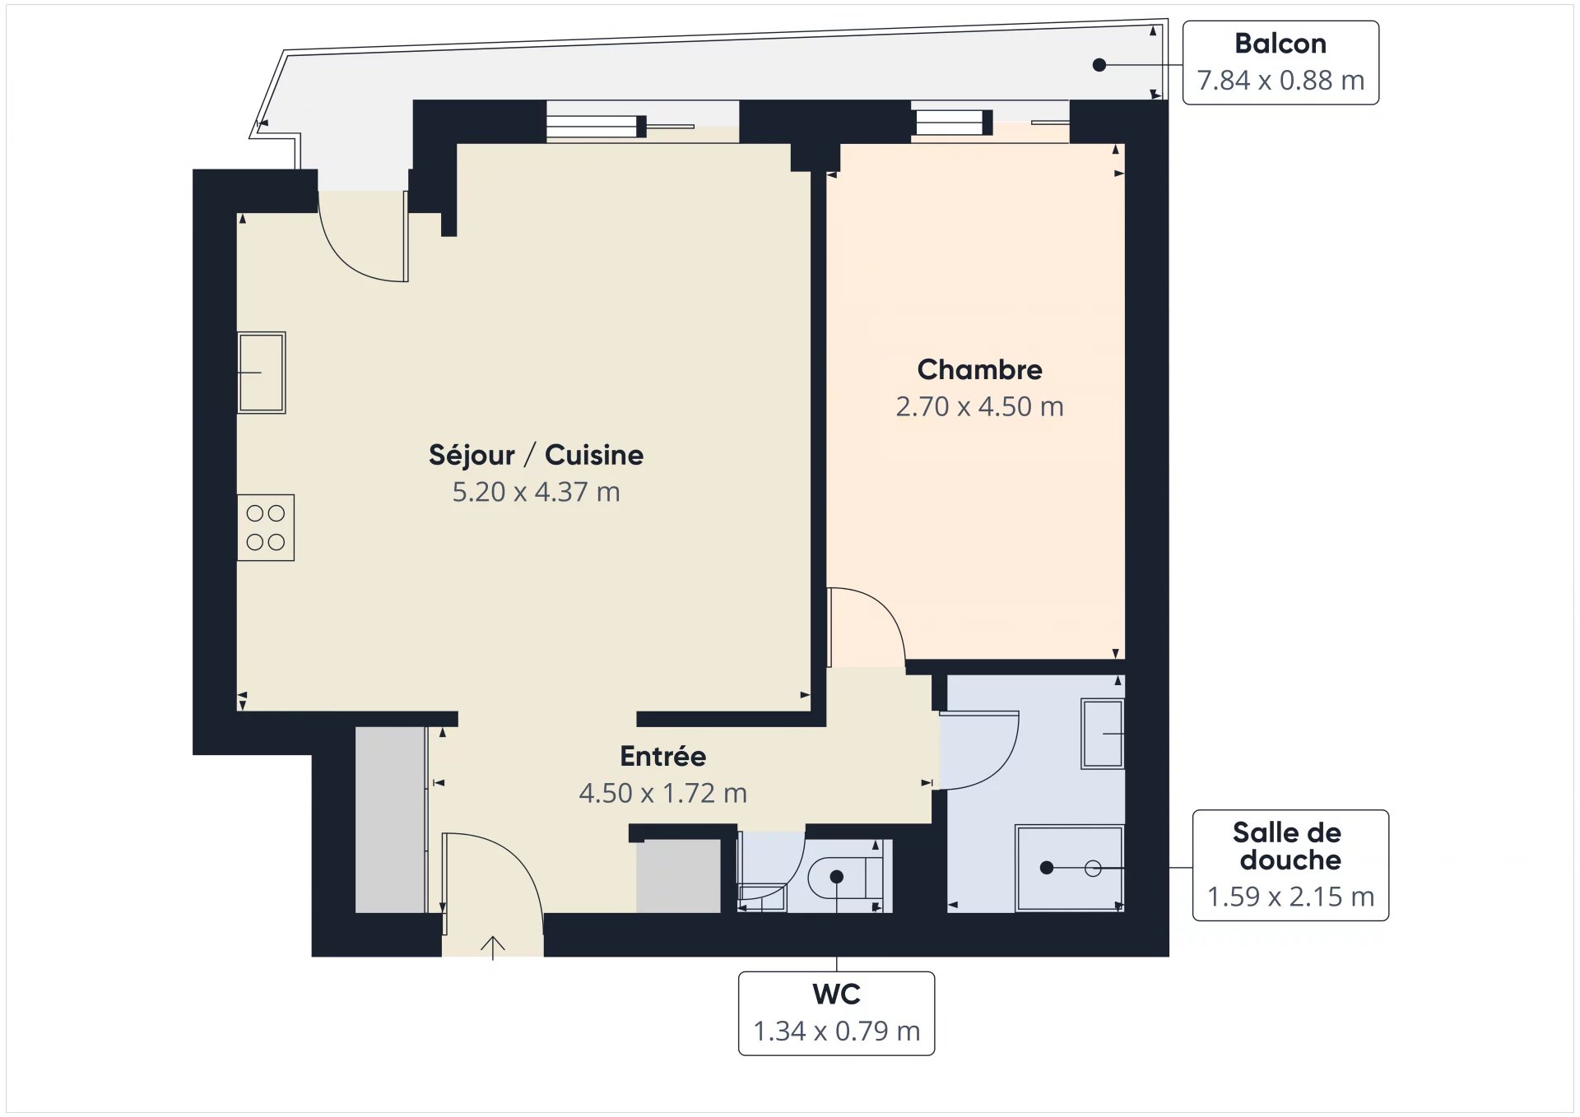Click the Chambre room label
[x=979, y=370]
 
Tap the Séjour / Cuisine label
[x=536, y=455]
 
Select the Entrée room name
[x=662, y=756]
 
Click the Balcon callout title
[x=1280, y=44]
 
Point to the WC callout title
[x=836, y=994]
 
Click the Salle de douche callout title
[x=1288, y=846]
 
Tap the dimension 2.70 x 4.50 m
[x=979, y=406]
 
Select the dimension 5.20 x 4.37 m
[x=536, y=492]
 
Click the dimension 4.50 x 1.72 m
[x=662, y=793]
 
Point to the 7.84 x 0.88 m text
[x=1280, y=81]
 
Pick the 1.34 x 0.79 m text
[x=836, y=1031]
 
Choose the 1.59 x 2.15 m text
[x=1290, y=897]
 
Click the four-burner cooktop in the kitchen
[x=266, y=528]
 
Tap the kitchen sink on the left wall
[x=262, y=373]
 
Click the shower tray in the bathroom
[x=1070, y=869]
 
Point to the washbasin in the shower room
[x=1103, y=734]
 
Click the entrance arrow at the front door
[x=492, y=948]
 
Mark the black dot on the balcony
[x=1099, y=65]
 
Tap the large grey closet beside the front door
[x=391, y=820]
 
